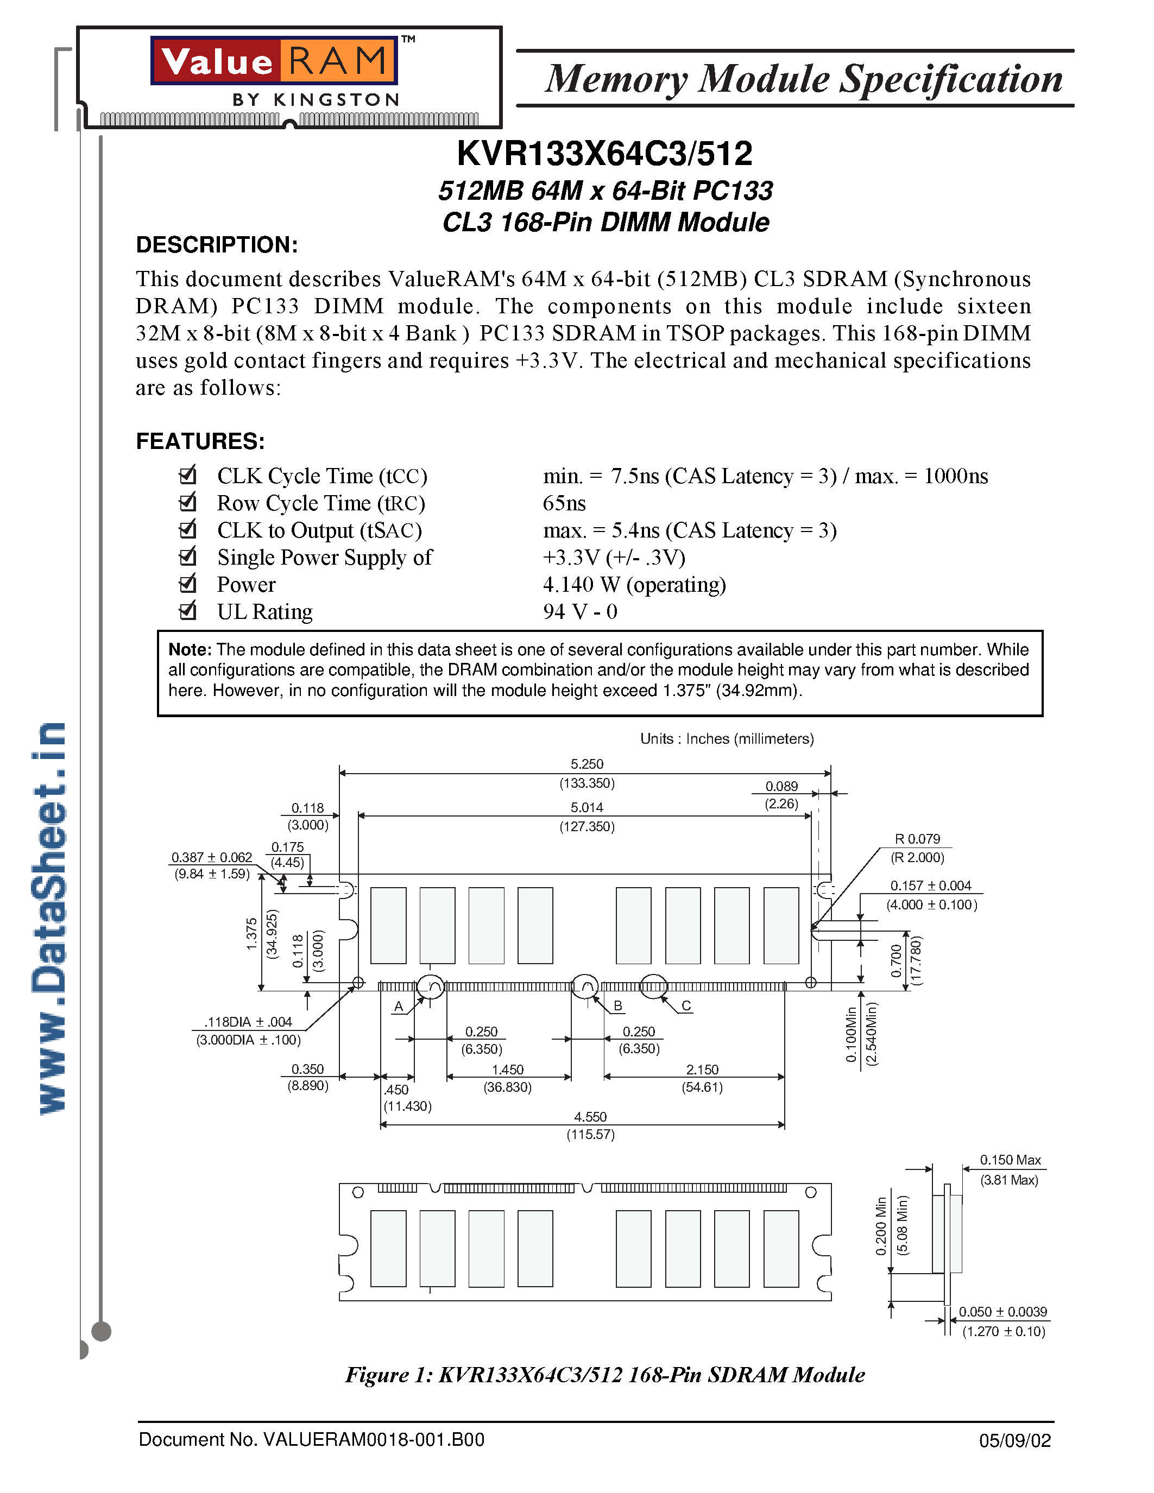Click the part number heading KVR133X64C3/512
604,154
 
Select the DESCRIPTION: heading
217,245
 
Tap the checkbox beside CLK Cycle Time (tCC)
187,475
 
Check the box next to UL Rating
187,610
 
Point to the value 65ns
564,503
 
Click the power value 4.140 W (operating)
634,585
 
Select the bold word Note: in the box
190,649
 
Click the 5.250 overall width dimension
587,763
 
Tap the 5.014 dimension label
587,807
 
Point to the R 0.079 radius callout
917,839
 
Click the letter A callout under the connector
399,1006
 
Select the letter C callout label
686,1005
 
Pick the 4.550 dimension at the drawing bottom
590,1117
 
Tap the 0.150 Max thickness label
1010,1160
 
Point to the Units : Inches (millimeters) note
727,739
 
